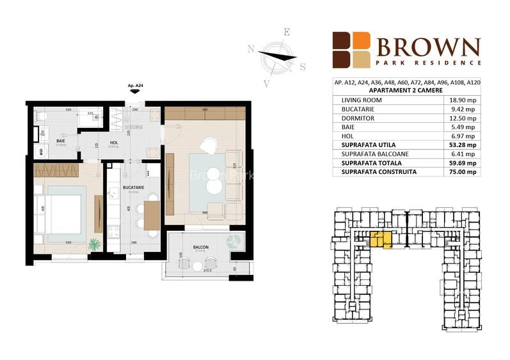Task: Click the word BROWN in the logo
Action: (428, 47)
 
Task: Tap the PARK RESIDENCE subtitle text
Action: (428, 63)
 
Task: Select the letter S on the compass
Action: (303, 67)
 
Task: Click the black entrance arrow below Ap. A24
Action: (134, 92)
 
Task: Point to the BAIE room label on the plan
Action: (61, 140)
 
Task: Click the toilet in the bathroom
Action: (42, 117)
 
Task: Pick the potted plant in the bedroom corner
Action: (95, 244)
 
